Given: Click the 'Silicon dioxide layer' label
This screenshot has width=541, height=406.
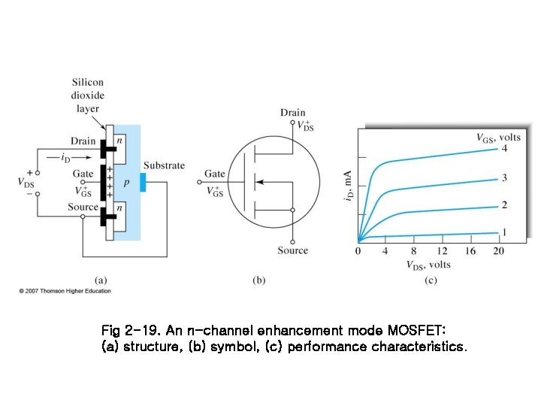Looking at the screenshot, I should tap(88, 95).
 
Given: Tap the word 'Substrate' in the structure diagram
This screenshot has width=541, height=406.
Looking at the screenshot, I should tap(164, 165).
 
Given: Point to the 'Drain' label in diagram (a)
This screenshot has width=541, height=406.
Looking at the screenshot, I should tap(83, 141).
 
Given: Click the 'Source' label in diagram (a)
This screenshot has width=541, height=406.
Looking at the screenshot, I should tap(83, 207).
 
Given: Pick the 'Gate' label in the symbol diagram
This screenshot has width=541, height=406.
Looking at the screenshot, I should tap(214, 174).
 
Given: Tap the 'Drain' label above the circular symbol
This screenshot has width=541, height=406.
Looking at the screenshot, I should tap(293, 113).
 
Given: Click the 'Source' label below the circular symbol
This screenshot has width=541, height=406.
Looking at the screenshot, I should tap(292, 250).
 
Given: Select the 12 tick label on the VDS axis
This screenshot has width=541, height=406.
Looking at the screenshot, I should tap(442, 251).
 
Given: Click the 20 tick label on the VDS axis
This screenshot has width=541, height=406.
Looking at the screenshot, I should tap(497, 251).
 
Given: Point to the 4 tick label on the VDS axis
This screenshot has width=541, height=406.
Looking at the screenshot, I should tap(386, 251).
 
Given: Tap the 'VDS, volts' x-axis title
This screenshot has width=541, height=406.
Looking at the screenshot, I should tap(429, 265).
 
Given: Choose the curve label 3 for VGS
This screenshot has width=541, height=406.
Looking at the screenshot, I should tap(504, 177).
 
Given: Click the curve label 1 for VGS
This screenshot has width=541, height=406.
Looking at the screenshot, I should tap(504, 232).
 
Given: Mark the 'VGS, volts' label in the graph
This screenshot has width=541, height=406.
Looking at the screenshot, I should tap(497, 137).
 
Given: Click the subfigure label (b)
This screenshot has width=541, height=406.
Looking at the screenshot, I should tap(258, 280).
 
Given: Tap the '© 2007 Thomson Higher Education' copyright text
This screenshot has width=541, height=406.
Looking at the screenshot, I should tap(65, 291).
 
